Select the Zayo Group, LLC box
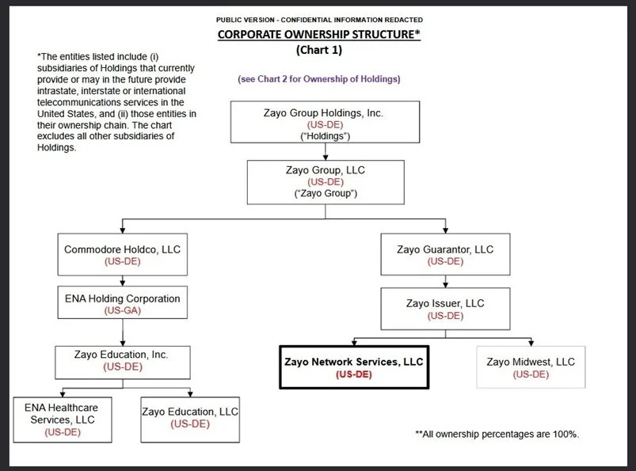coord(326,181)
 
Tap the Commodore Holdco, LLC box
coord(122,255)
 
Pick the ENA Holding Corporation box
coord(122,304)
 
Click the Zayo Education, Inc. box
coord(122,360)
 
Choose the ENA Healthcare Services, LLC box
coord(62,419)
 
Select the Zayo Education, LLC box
coord(190,418)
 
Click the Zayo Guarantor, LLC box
coord(444,255)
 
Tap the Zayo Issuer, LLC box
coord(444,309)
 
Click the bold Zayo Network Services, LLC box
coord(353,367)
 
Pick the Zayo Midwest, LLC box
coord(530,367)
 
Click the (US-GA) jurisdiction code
coord(122,310)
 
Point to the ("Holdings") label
coord(323,137)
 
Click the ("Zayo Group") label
coord(326,194)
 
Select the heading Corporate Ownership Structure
coord(318,35)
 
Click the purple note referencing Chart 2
coord(318,78)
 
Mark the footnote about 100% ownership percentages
coord(497,434)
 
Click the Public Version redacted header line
coord(318,19)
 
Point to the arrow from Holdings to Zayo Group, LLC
coord(326,153)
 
